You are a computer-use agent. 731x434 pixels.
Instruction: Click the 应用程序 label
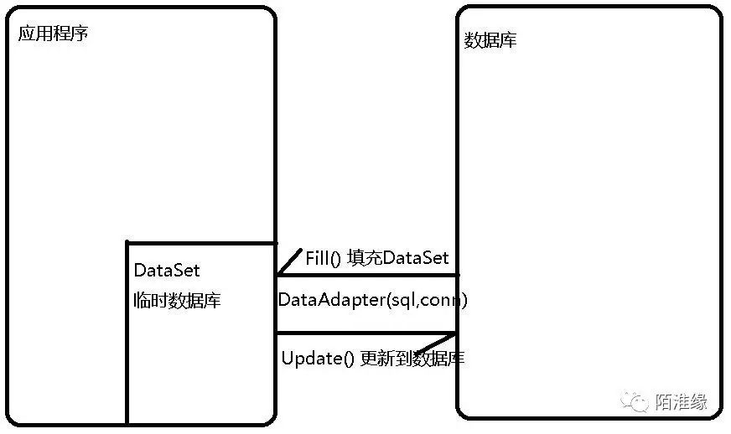(53, 35)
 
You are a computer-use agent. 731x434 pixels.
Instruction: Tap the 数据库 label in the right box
(490, 40)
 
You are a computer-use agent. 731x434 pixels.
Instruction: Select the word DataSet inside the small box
(167, 271)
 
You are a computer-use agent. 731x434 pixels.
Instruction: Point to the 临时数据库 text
(177, 301)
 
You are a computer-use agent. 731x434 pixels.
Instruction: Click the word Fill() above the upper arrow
(323, 258)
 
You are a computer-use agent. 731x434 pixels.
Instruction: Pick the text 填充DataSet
(398, 258)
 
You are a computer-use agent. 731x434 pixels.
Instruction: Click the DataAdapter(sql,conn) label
(372, 300)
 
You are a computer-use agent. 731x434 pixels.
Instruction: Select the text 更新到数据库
(412, 359)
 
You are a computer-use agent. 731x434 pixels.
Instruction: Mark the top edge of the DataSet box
(201, 243)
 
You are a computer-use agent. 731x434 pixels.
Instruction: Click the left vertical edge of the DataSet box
(127, 335)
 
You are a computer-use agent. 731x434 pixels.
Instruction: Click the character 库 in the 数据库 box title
(507, 40)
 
